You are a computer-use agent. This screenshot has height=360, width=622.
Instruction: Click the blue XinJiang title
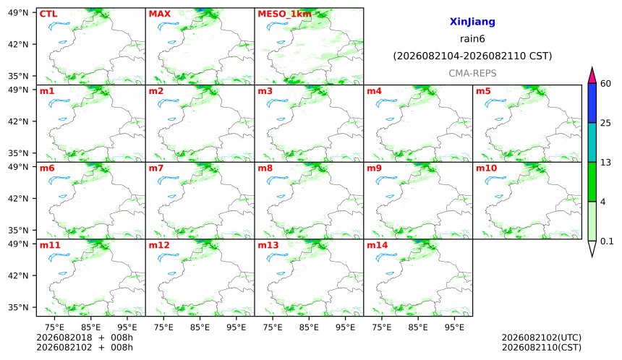tap(472, 22)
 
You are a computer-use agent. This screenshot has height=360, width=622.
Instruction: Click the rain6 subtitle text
tap(472, 39)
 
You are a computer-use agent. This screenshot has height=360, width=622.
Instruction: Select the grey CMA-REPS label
tap(472, 73)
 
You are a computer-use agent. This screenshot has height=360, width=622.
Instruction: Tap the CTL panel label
tap(48, 14)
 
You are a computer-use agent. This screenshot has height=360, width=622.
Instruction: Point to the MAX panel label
tap(159, 14)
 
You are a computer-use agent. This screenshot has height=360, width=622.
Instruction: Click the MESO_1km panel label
tap(284, 14)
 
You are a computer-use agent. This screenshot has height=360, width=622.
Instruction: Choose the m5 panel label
tap(483, 91)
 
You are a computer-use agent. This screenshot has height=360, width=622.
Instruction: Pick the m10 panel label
tap(486, 168)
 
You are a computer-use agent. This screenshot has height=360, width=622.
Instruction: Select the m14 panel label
tap(378, 245)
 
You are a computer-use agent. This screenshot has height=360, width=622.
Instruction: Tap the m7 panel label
tap(156, 168)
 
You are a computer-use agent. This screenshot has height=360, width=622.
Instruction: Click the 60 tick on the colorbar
tap(606, 84)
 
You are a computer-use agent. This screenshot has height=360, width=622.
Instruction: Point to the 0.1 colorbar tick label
tap(607, 241)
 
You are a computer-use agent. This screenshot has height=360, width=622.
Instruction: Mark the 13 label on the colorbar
tap(605, 163)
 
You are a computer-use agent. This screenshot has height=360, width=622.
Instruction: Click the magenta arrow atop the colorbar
tap(592, 75)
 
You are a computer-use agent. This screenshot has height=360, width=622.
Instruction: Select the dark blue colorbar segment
tap(592, 103)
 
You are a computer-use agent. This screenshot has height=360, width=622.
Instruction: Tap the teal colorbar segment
tap(592, 142)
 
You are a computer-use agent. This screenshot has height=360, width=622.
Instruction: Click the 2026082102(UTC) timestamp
tap(542, 338)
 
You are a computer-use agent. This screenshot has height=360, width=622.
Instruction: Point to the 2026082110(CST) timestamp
tap(542, 348)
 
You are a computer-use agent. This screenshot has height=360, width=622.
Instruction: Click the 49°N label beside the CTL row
tap(18, 13)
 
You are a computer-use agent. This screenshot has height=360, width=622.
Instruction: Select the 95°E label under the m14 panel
tap(454, 327)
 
